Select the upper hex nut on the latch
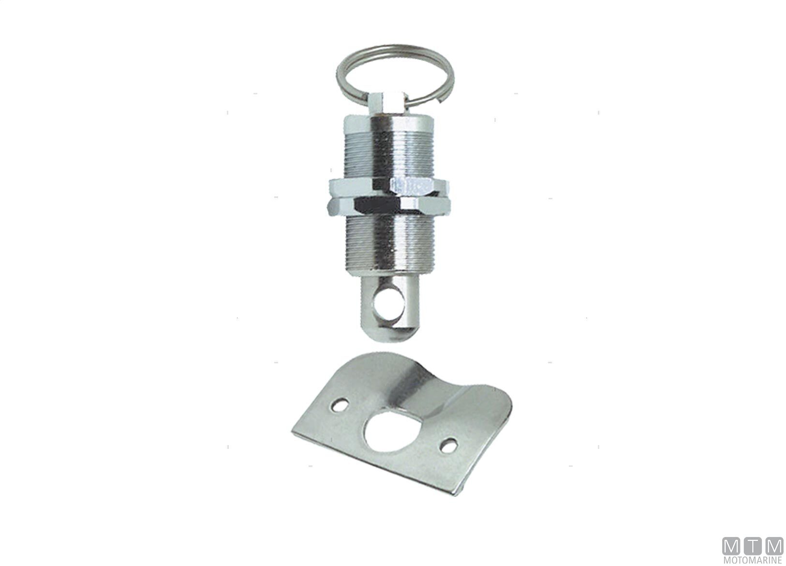(x=389, y=187)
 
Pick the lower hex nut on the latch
(x=389, y=206)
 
